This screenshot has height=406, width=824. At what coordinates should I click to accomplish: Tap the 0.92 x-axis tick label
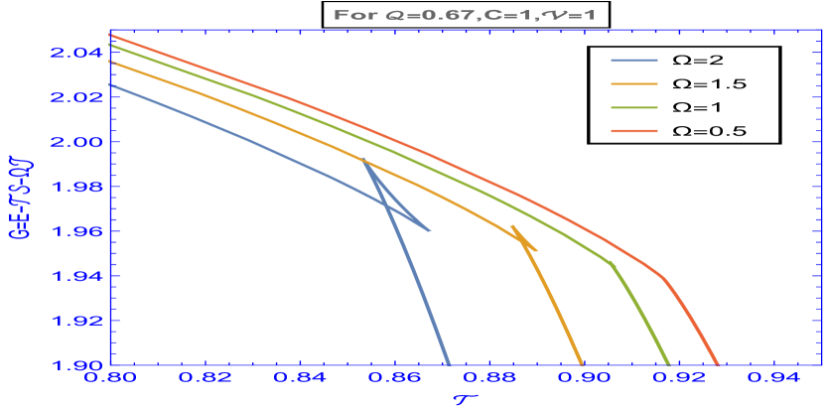coord(680,378)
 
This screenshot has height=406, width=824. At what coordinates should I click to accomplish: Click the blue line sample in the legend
coord(634,61)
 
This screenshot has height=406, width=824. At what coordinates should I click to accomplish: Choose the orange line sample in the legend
coord(634,84)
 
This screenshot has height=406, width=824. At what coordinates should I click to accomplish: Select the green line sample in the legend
coord(634,107)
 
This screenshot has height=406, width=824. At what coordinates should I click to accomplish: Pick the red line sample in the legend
coord(634,130)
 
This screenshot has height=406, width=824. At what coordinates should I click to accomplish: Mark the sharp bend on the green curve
coord(612,263)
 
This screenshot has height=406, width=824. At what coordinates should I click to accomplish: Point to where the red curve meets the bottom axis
coord(718,364)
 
